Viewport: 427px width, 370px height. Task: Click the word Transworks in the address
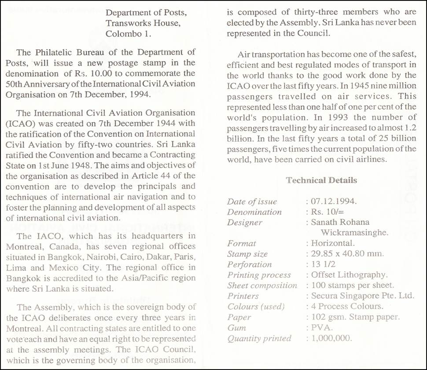click(128, 23)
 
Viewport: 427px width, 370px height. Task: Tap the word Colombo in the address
click(122, 33)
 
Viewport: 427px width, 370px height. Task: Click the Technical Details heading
click(321, 180)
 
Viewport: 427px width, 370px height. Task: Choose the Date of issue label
click(252, 202)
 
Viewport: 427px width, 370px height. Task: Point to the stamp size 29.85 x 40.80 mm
click(341, 254)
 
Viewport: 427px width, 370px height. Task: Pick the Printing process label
click(259, 275)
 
